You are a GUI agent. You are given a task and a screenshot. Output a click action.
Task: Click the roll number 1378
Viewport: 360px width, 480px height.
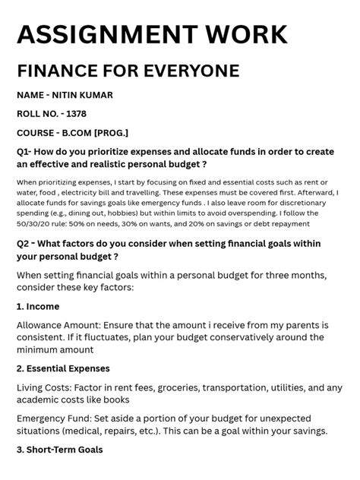[x=76, y=114]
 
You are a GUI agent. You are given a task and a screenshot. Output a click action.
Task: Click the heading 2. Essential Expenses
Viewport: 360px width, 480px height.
[x=74, y=368]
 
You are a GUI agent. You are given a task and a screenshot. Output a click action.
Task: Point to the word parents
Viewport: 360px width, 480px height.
[x=289, y=324]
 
